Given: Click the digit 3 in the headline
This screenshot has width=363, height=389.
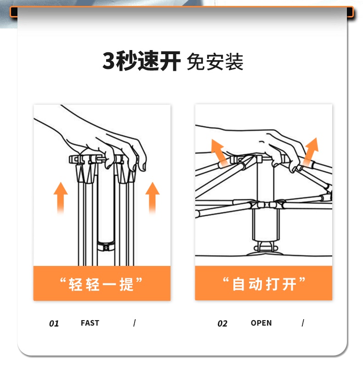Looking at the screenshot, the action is (x=109, y=61).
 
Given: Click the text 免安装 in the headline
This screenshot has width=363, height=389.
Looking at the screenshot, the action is (x=215, y=62).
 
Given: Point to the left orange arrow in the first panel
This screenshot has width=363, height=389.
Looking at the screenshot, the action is (x=61, y=198).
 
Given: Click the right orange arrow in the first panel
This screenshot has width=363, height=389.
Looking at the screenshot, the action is (x=153, y=198).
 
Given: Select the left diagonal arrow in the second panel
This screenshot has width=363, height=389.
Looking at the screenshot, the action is (x=219, y=153).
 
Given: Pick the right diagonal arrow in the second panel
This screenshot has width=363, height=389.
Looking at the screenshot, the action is (x=311, y=152).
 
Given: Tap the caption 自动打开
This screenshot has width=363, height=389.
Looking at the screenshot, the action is (x=264, y=284).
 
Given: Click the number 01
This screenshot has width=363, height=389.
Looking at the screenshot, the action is (x=54, y=323).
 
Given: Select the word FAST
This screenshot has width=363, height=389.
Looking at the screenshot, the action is (x=90, y=323).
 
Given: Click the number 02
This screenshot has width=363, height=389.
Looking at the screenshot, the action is (x=222, y=323).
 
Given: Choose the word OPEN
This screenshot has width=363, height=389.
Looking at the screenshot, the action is (x=261, y=323).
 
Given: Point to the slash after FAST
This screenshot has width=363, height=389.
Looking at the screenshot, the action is (x=134, y=323).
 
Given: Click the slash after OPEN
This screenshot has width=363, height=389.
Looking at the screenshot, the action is (x=303, y=323).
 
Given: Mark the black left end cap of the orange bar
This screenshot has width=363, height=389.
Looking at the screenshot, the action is (x=14, y=12).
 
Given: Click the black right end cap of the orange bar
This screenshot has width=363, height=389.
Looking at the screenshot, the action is (x=350, y=12).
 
